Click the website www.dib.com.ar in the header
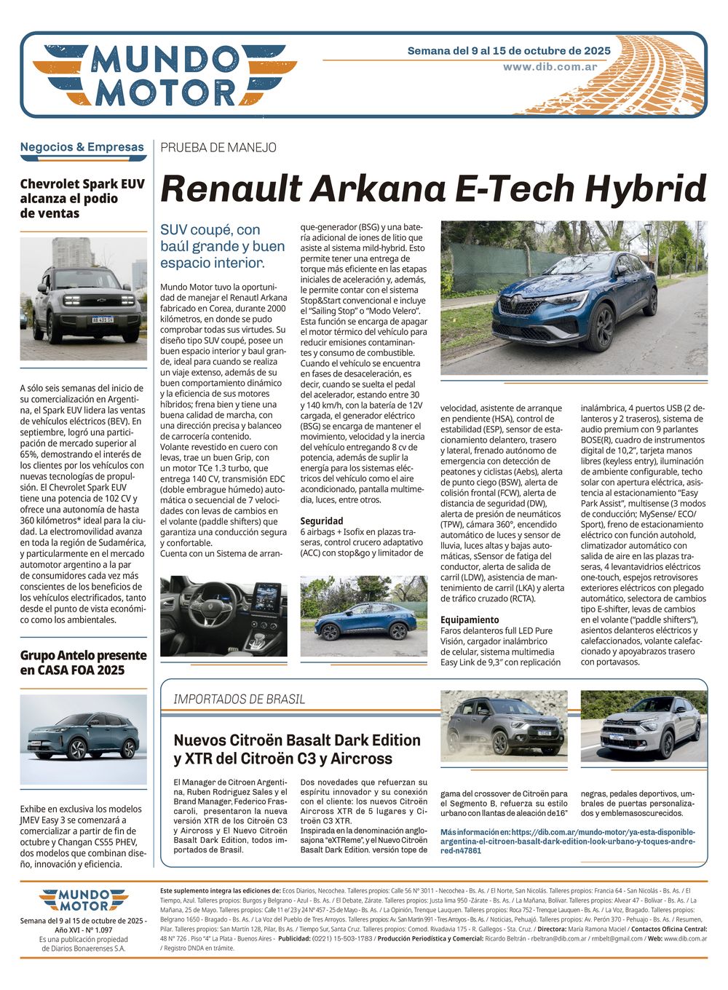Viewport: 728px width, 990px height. click(x=550, y=67)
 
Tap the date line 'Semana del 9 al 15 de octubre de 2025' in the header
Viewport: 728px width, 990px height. click(x=508, y=51)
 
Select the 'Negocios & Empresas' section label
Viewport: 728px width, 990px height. click(x=82, y=147)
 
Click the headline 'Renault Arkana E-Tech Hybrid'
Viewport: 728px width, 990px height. click(x=433, y=189)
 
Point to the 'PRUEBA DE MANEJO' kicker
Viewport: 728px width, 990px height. click(x=218, y=148)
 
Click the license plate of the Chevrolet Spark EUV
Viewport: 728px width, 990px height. click(x=102, y=320)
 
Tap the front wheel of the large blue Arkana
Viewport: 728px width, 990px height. click(x=603, y=328)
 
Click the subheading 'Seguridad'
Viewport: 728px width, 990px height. click(x=322, y=521)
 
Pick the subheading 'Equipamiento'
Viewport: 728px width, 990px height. click(x=470, y=620)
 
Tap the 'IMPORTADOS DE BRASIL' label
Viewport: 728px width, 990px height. click(x=239, y=700)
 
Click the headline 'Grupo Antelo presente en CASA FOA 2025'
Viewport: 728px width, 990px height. click(x=83, y=662)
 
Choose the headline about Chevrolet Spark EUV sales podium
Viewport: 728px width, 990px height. click(x=82, y=199)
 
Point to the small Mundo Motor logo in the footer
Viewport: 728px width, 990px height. click(x=83, y=900)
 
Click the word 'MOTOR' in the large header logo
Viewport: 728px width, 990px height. click(x=165, y=93)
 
